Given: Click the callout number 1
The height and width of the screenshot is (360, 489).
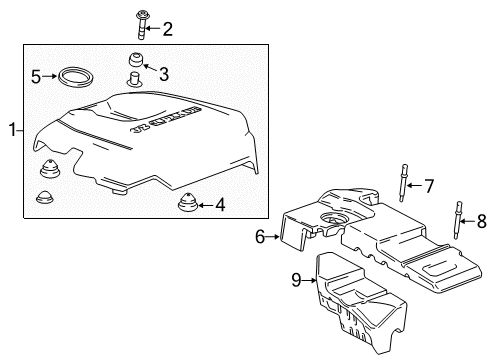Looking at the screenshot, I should pyautogui.click(x=13, y=128).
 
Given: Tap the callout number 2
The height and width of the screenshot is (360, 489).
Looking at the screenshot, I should pyautogui.click(x=167, y=29).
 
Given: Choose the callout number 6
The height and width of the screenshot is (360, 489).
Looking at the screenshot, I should pyautogui.click(x=260, y=237).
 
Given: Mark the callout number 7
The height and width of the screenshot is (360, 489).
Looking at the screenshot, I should pyautogui.click(x=429, y=185).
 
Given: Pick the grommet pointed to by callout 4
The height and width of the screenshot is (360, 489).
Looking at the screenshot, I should pyautogui.click(x=187, y=204).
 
